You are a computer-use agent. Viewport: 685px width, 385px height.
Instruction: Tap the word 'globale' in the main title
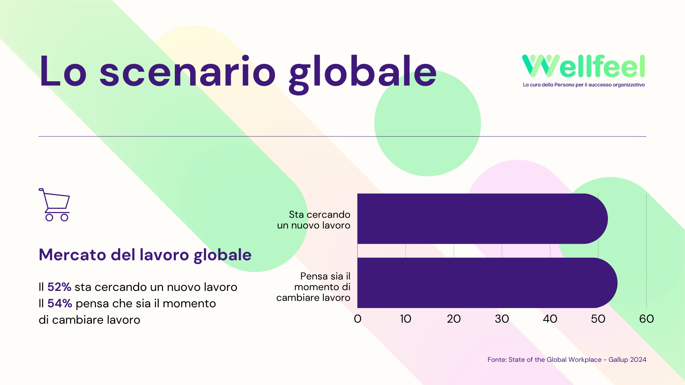point(363,74)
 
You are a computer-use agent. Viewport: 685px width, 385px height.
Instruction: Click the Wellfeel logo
point(584,71)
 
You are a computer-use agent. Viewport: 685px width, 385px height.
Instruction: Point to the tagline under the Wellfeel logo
point(584,85)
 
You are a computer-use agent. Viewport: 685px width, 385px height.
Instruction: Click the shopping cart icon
point(55,205)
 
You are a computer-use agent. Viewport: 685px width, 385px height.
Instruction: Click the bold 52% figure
point(59,287)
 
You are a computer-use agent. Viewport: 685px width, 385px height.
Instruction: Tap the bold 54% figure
point(60,303)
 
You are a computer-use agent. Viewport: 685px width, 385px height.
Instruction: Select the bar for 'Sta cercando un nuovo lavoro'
point(482,219)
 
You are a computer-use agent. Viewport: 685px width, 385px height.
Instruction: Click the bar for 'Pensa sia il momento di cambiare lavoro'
point(487,283)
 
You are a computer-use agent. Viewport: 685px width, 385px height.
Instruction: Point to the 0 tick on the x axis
point(357,319)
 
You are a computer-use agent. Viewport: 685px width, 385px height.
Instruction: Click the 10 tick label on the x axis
point(406,319)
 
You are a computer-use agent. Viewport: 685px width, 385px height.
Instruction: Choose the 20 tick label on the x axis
point(454,319)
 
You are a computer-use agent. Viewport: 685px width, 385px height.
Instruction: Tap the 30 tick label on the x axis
point(502,319)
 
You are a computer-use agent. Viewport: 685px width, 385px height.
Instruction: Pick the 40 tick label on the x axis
point(550,319)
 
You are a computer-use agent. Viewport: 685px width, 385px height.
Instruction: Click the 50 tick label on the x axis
point(598,319)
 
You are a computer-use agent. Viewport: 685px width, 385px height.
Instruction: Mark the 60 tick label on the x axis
point(646,319)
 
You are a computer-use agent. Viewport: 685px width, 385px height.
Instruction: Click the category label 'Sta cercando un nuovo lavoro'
point(314,220)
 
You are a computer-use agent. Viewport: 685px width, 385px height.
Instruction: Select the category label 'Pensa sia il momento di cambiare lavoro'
point(314,287)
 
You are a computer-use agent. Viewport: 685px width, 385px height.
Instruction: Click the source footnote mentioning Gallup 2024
point(567,360)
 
